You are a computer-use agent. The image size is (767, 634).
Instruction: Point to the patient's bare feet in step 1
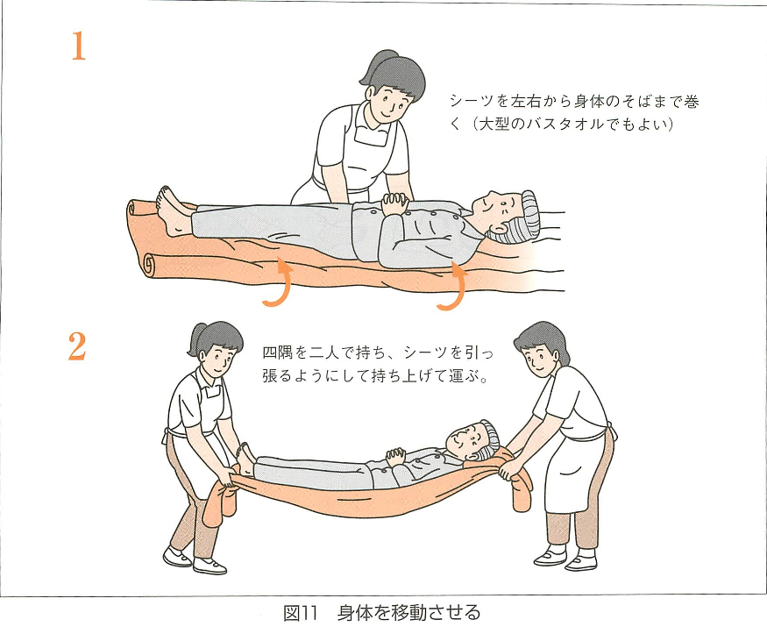172,210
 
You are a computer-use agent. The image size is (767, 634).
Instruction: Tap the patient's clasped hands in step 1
395,203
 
